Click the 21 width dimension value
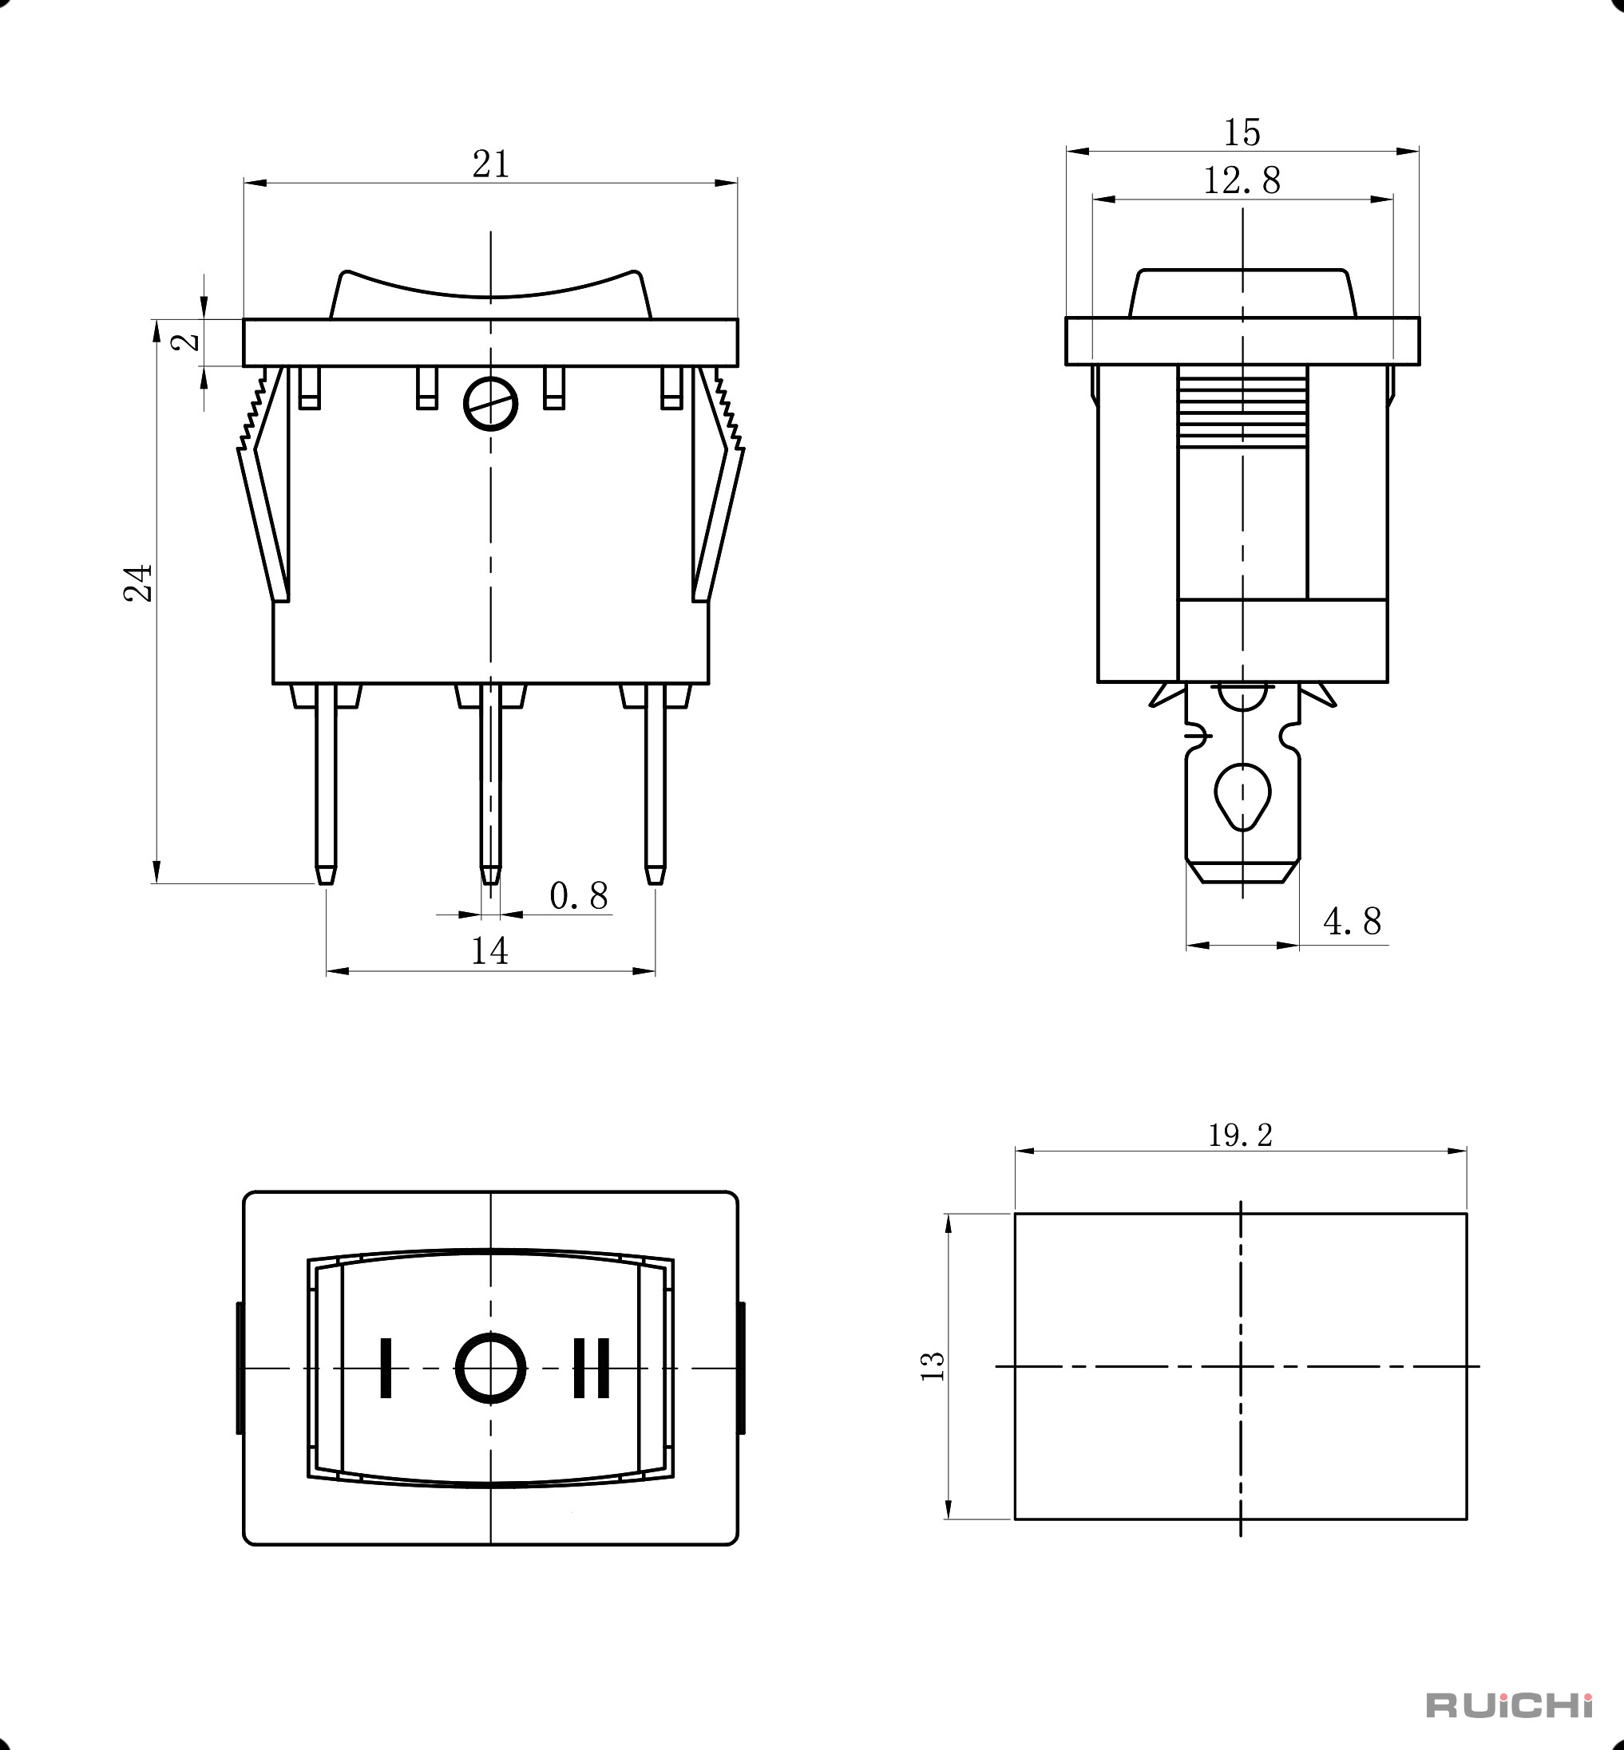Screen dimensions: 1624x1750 (x=490, y=164)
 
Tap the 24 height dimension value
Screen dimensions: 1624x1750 (x=138, y=583)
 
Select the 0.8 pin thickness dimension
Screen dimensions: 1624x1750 (x=578, y=896)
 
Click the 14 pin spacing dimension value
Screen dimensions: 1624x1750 (x=489, y=950)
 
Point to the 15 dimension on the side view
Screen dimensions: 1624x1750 (x=1242, y=132)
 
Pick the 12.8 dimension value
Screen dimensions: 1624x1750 (x=1242, y=180)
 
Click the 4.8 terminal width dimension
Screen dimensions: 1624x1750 (x=1352, y=922)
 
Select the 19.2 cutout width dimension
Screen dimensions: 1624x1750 (x=1240, y=1135)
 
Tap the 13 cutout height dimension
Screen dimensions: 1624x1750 (x=933, y=1366)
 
